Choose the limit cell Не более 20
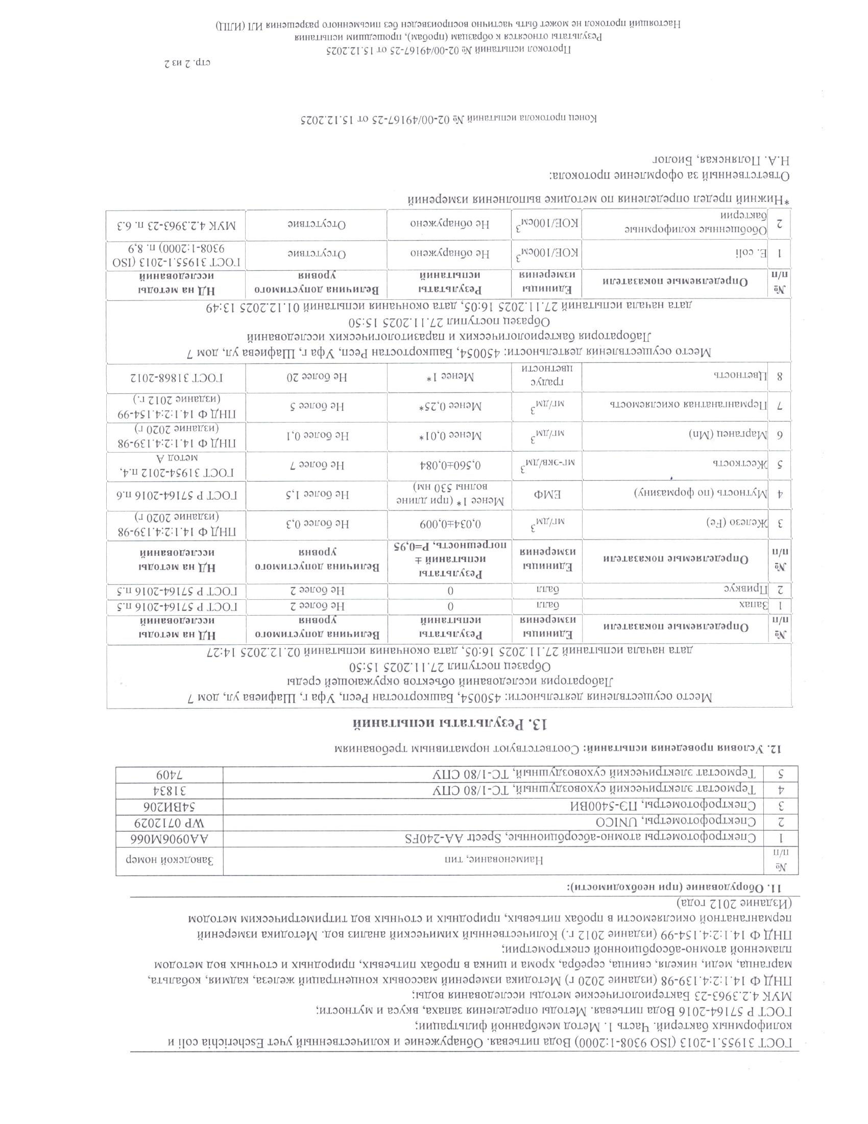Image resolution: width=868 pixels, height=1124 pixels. pos(316,377)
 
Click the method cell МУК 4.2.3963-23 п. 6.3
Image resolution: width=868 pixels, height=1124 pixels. pos(175,224)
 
